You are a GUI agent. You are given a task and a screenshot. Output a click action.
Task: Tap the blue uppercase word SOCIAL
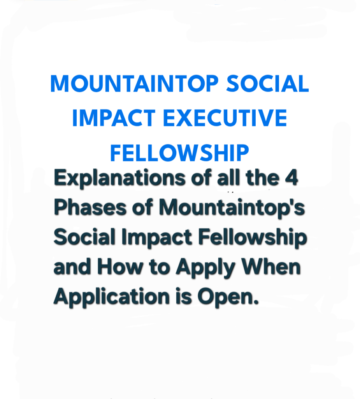(x=267, y=83)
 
